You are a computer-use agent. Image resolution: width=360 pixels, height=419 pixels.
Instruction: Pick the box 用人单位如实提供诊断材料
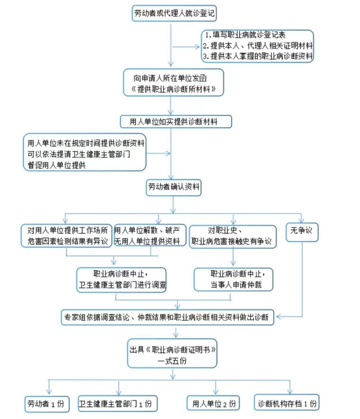point(176,121)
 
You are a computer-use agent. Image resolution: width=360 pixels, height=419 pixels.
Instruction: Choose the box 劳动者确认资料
point(174,187)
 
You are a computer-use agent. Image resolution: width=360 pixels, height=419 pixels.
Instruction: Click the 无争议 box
point(302,231)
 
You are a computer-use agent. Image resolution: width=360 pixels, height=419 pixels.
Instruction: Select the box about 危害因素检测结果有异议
point(66,236)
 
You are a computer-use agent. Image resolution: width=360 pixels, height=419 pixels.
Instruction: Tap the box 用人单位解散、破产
point(149,235)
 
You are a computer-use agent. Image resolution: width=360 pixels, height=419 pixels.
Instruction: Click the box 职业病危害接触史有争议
point(232,236)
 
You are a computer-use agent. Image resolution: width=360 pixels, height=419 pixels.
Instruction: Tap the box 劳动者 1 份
point(47,404)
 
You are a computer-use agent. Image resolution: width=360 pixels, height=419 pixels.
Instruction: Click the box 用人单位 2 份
point(213,404)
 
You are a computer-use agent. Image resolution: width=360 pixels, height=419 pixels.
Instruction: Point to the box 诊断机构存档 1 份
point(286,404)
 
